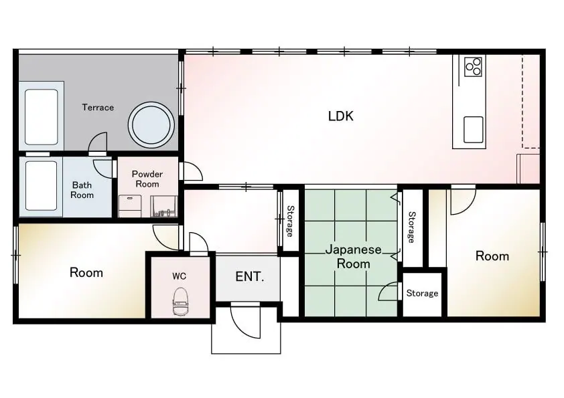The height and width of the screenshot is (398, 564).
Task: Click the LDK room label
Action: [x=341, y=116]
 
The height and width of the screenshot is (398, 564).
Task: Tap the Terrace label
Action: [x=98, y=108]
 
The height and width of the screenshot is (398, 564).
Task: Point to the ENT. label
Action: [x=250, y=276]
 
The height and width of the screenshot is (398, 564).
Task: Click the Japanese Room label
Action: [x=353, y=256]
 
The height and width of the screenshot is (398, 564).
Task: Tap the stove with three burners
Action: [x=473, y=67]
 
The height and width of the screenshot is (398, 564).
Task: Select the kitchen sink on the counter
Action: [x=474, y=130]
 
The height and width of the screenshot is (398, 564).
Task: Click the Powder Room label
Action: [x=147, y=179]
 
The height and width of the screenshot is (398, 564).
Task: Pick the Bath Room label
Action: [x=82, y=190]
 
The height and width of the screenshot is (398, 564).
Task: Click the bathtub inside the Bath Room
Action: [x=42, y=186]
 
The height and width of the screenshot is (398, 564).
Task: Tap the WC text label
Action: [x=179, y=276]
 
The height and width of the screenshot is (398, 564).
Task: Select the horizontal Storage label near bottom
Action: [x=422, y=294]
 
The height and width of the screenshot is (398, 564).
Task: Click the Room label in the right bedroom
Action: [x=492, y=256]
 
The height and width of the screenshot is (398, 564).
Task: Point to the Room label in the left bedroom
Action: [x=86, y=273]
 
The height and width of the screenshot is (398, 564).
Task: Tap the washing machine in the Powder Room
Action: [x=130, y=206]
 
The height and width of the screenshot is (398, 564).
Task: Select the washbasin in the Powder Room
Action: [x=163, y=206]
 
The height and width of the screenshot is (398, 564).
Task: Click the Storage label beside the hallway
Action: [x=290, y=221]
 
